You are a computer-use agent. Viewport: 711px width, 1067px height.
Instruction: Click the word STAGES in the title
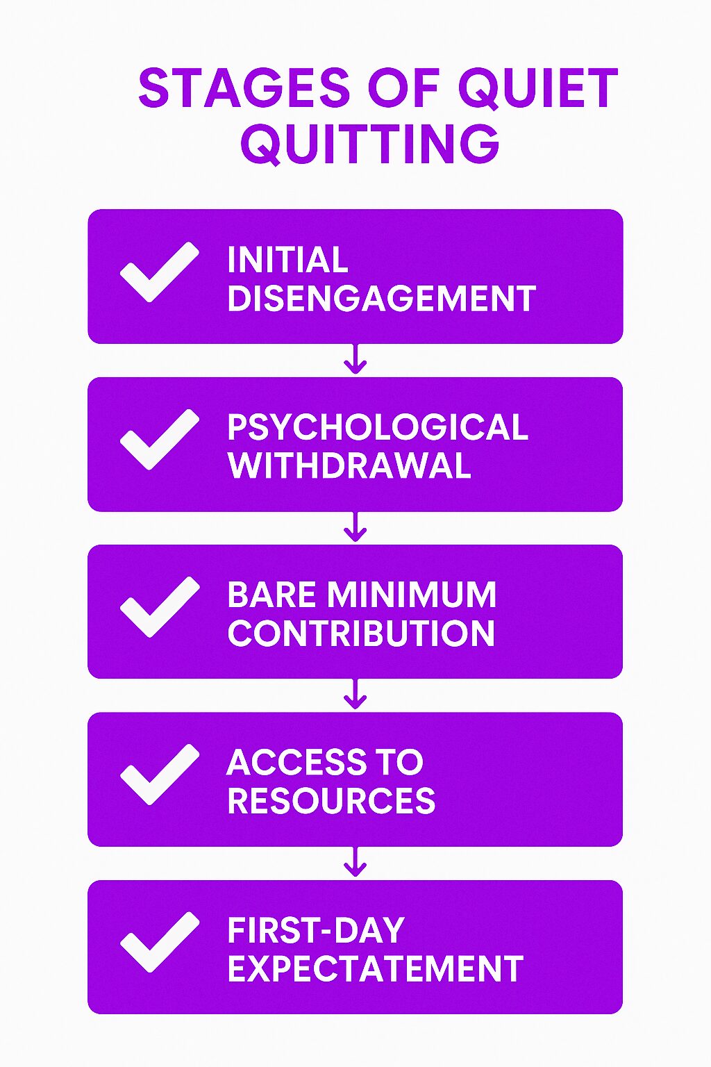click(x=244, y=88)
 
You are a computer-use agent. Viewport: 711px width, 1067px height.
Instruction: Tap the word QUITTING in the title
click(x=370, y=144)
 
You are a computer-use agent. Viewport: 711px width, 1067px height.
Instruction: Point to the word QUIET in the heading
click(x=537, y=89)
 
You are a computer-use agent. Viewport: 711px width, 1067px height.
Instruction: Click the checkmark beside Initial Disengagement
click(x=159, y=272)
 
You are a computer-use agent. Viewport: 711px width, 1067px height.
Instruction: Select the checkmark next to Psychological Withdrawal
click(x=159, y=439)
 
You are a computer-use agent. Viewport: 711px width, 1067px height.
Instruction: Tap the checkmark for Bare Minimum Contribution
click(x=159, y=606)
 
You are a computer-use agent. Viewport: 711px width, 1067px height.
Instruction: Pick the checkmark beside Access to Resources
click(x=159, y=774)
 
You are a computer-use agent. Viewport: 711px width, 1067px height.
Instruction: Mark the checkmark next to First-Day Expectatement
click(x=159, y=942)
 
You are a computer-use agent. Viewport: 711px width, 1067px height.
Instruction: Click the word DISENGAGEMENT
click(x=381, y=298)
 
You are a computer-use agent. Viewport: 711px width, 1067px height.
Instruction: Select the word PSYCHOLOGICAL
click(x=378, y=427)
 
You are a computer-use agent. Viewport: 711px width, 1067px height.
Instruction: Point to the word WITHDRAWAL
click(x=349, y=465)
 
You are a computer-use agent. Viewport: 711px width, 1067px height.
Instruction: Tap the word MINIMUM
click(x=412, y=594)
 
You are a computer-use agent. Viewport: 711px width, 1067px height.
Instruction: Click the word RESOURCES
click(x=331, y=800)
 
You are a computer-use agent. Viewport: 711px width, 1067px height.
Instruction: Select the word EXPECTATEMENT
click(x=375, y=968)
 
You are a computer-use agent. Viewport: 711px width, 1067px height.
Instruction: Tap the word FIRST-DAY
click(x=316, y=929)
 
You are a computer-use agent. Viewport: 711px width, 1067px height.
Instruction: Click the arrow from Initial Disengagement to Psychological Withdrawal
click(x=355, y=358)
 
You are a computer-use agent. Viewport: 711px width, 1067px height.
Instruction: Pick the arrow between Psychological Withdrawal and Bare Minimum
click(x=355, y=527)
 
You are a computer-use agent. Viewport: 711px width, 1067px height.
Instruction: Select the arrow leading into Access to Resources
click(x=355, y=694)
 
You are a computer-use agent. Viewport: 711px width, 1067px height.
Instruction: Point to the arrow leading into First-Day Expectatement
click(x=355, y=861)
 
